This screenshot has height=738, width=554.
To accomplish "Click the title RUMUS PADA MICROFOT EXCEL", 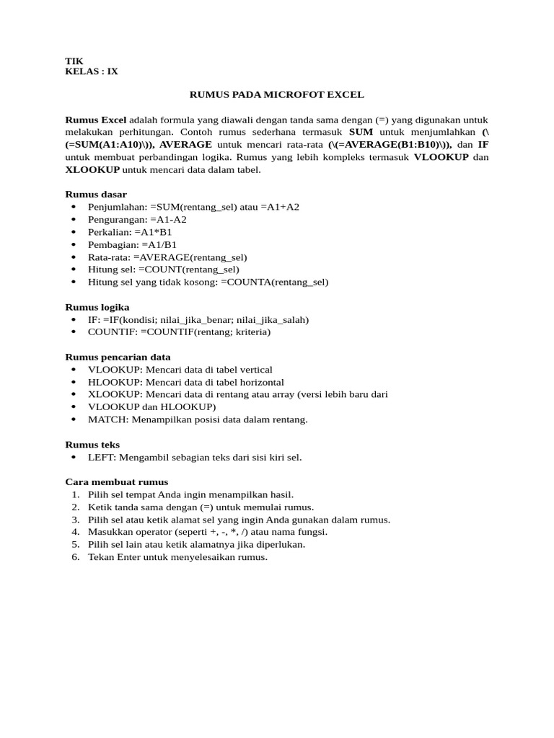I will pos(277,94).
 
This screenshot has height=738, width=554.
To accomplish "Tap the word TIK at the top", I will pos(74,62).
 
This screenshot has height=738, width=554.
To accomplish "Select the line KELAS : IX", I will pos(92,72).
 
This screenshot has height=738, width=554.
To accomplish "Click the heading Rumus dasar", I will pos(96,195).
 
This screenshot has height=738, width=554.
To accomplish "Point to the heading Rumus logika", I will pos(97,307).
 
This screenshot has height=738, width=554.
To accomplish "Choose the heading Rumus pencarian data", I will pos(118,357).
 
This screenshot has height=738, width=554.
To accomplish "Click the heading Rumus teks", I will pos(92,445).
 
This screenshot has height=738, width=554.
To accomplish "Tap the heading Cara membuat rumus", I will pos(117,482).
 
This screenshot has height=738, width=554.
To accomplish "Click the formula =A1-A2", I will pos(168,220).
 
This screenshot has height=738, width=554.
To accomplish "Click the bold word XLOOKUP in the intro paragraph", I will pos(93,170).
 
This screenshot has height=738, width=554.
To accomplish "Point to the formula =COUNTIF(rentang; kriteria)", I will pos(206,332).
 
